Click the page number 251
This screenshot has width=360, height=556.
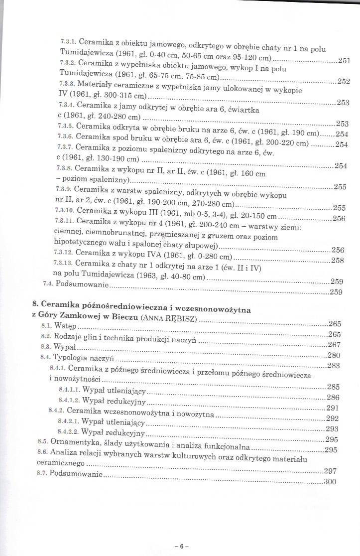[x=344, y=61]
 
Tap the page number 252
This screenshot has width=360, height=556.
[x=344, y=82]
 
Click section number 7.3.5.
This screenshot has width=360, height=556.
[x=66, y=126]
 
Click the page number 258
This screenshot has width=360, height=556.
[x=338, y=260]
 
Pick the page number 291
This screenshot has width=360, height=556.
[x=333, y=408]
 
